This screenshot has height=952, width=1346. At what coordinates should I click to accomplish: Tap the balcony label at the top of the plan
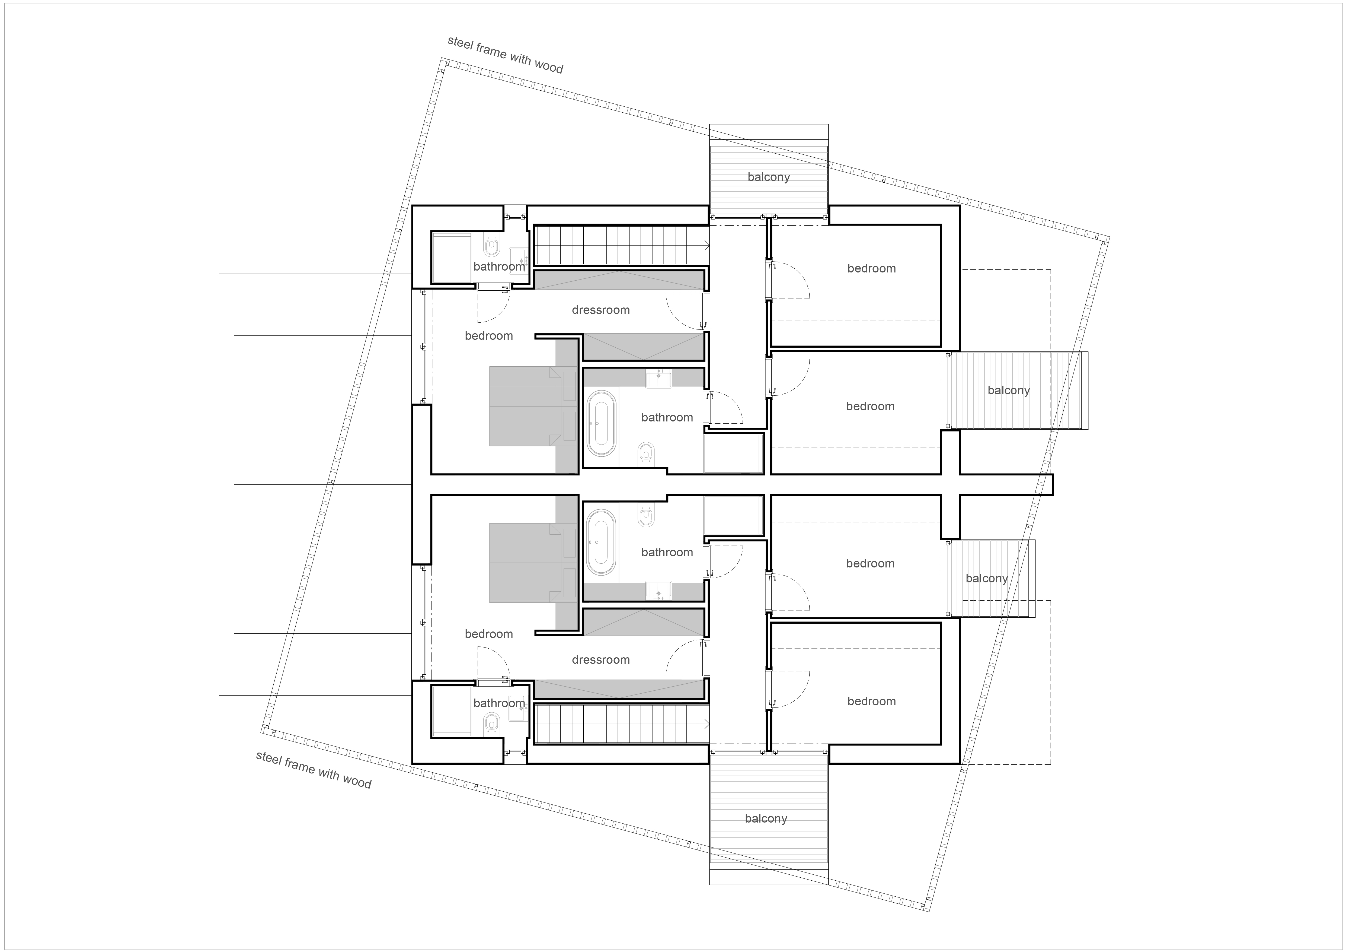769,177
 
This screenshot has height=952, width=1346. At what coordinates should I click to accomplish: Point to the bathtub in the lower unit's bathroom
602,542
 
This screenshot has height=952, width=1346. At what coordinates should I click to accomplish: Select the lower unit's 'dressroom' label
601,660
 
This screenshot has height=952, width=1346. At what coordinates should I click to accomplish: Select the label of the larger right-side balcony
1008,391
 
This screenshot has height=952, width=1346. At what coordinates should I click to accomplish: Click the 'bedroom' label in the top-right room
872,269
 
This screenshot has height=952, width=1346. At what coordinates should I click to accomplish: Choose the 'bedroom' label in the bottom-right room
872,702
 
